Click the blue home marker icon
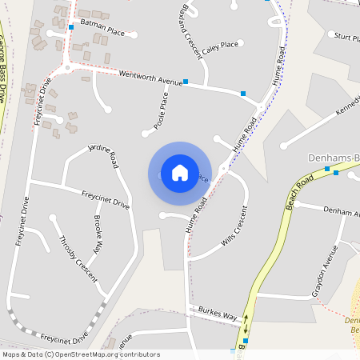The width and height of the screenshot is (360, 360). [x=179, y=173]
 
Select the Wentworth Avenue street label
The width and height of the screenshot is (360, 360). [x=150, y=77]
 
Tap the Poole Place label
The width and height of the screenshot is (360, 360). [x=163, y=111]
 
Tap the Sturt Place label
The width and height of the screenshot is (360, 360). [x=346, y=37]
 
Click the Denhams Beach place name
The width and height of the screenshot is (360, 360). [x=334, y=157]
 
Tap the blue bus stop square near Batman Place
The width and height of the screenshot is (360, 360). [x=71, y=28]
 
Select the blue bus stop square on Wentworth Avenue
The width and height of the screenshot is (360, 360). [x=186, y=82]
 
